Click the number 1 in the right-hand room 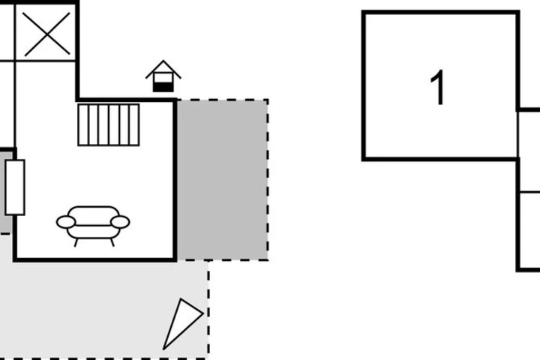point(438,88)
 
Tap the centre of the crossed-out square point(47,34)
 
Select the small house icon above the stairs point(163,76)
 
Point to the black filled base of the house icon point(163,87)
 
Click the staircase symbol point(109,124)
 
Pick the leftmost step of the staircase point(83,124)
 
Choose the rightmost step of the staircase point(134,124)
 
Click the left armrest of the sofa point(66,222)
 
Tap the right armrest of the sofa point(120,222)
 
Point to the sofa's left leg point(76,242)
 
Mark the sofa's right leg point(112,242)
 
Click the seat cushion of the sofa point(93,232)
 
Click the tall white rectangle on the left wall point(15,187)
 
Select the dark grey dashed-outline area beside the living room point(223,180)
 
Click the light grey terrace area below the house point(103,310)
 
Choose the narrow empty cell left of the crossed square point(7,33)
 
